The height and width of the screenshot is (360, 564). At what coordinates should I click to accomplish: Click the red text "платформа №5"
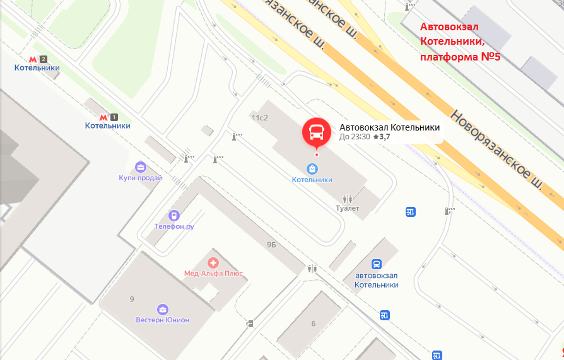click(x=460, y=56)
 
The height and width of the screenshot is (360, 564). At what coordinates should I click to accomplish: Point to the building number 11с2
click(x=259, y=118)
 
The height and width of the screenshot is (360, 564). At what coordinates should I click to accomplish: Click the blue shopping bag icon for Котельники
click(x=312, y=168)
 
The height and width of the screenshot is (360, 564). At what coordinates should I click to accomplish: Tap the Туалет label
click(x=347, y=208)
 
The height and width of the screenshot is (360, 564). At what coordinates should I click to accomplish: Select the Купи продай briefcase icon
click(x=140, y=167)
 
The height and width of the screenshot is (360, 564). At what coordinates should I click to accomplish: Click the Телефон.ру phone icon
click(x=174, y=216)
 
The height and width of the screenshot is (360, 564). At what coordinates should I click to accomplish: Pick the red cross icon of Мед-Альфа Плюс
click(x=213, y=262)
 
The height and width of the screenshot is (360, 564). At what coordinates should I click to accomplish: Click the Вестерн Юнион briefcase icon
click(x=163, y=309)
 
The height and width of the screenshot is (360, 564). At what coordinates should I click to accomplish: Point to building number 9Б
click(x=272, y=245)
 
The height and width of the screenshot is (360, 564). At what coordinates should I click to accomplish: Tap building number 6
click(x=313, y=324)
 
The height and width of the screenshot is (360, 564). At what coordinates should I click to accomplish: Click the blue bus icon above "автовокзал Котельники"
click(x=377, y=264)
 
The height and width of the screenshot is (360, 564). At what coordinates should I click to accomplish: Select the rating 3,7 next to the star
click(x=384, y=137)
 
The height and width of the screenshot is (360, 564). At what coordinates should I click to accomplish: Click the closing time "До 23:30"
click(x=355, y=137)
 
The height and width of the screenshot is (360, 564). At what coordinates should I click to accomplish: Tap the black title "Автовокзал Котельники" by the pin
click(x=389, y=127)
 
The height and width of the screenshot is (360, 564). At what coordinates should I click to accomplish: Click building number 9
click(x=132, y=299)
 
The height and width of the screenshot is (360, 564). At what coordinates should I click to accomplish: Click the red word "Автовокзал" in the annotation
click(x=450, y=27)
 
